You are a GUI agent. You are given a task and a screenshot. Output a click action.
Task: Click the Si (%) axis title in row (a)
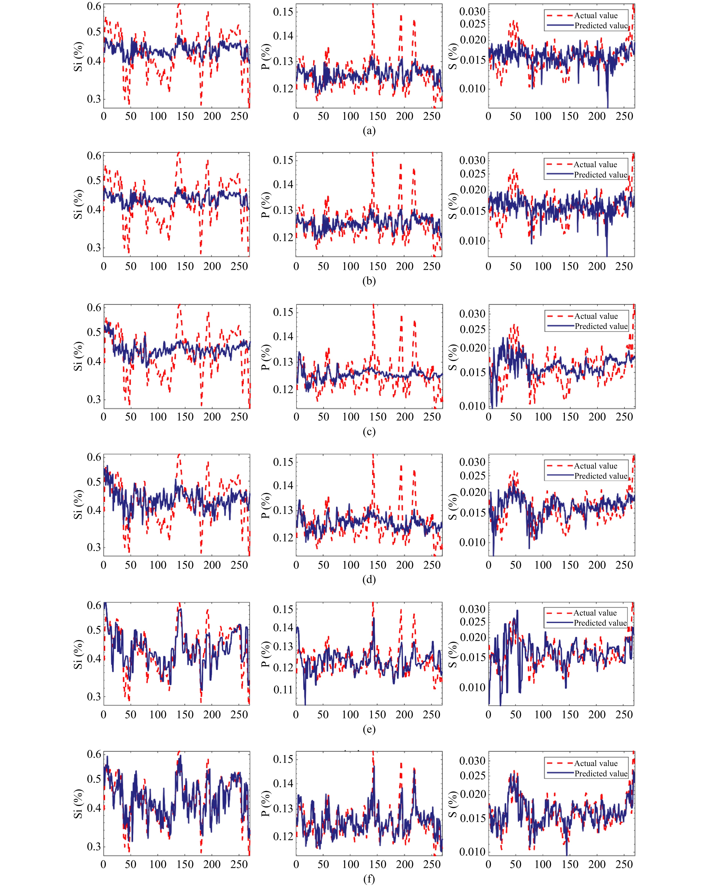pos(78,56)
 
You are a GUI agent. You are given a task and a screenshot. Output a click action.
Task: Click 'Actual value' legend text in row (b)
pos(595,164)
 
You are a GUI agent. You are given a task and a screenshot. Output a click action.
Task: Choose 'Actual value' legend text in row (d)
pos(596,466)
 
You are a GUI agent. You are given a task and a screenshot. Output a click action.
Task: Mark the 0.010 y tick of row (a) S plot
pos(472,88)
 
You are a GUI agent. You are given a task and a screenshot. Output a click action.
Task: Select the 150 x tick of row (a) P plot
pos(377,116)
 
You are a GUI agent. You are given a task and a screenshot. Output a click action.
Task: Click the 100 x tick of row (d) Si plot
pos(158,565)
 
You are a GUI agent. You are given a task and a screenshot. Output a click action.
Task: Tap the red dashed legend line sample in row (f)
pos(560,763)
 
